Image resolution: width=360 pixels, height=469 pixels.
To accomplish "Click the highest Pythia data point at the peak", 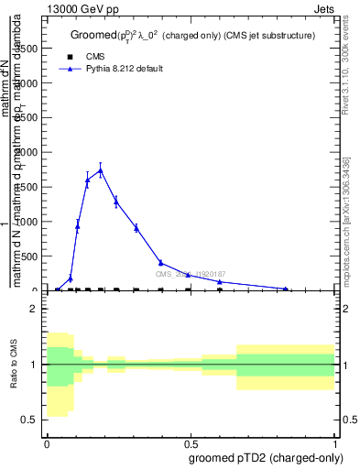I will pos(101,169).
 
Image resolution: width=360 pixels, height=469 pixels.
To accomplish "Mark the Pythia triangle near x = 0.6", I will pos(220,282).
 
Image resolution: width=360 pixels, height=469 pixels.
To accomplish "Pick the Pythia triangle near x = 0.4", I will pos(160,263).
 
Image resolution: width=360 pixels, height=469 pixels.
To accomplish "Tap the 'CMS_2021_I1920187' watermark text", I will pos(191,274).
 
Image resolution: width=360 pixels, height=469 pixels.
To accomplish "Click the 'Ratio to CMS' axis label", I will pos(15,365).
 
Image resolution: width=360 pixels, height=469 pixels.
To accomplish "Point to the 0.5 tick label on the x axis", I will pos(191,442).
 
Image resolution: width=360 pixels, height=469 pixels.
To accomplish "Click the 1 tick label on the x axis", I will pos(335,442).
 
